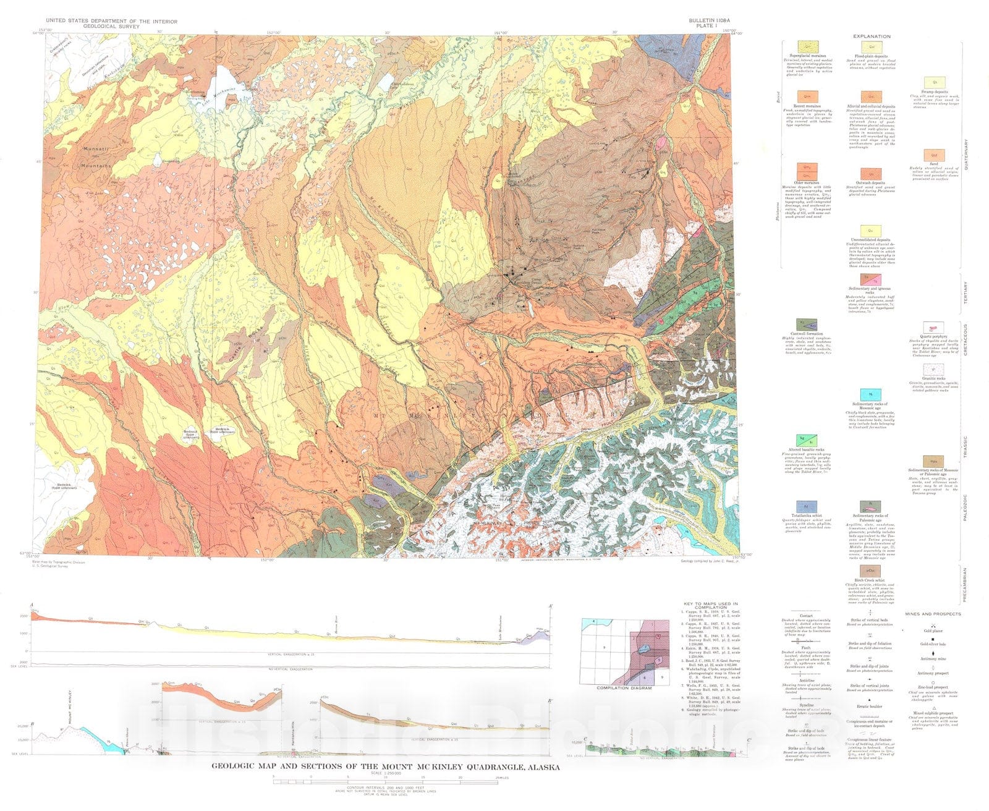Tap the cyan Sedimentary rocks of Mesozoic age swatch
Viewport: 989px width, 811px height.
pyautogui.click(x=870, y=394)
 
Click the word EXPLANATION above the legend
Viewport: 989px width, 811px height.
pyautogui.click(x=872, y=36)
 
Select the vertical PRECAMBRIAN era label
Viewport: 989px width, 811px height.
pyautogui.click(x=964, y=584)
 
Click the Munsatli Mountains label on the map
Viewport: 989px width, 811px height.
pyautogui.click(x=98, y=158)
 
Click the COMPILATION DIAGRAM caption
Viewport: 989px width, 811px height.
pyautogui.click(x=624, y=688)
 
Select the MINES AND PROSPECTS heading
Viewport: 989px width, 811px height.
pyautogui.click(x=933, y=614)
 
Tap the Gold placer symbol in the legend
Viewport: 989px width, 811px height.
pyautogui.click(x=933, y=624)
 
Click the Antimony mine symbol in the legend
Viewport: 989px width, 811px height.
pyautogui.click(x=933, y=653)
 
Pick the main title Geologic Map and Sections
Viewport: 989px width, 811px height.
pyautogui.click(x=386, y=767)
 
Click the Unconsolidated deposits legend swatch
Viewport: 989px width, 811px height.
pyautogui.click(x=870, y=231)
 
